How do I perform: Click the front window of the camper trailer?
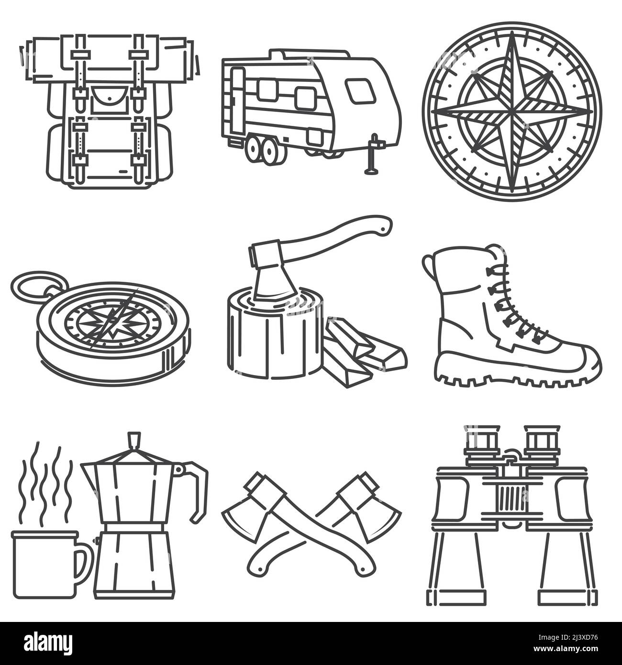359,91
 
